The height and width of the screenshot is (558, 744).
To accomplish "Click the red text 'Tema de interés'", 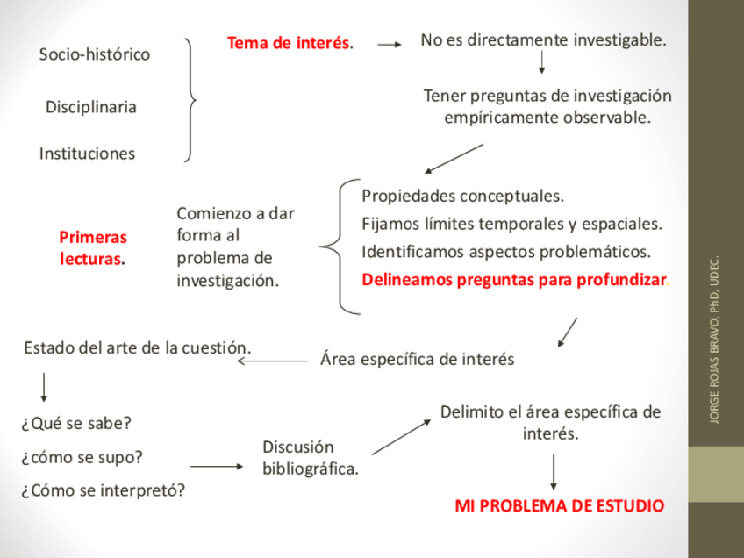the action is pos(289,43).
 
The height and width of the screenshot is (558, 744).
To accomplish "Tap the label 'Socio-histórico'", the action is pos(95,54).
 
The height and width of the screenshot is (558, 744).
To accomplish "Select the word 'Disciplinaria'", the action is pos(91,107).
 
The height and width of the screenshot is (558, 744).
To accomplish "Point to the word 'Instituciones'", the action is pos(88,154).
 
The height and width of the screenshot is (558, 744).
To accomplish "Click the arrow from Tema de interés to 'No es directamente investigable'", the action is pos(389,42).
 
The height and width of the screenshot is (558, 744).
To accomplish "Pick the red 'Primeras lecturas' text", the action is pos(93,248).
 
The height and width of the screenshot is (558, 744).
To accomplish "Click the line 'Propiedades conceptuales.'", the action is pos(462,196).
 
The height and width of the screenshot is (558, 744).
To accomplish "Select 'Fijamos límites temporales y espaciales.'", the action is pos(511,224).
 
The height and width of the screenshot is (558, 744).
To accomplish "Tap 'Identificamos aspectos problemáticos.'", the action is pos(506,252).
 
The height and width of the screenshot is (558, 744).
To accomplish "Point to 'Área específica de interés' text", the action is pos(417,359).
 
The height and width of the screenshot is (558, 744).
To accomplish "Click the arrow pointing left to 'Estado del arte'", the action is pos(272,360).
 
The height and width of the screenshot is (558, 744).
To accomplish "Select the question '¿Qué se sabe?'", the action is pos(76,424).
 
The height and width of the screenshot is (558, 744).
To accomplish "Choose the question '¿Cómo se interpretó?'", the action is pos(104,490).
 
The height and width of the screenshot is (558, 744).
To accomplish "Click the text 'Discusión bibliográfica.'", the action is pos(310,458).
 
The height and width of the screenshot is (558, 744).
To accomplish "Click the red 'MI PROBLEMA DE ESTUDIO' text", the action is pos(559,506).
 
